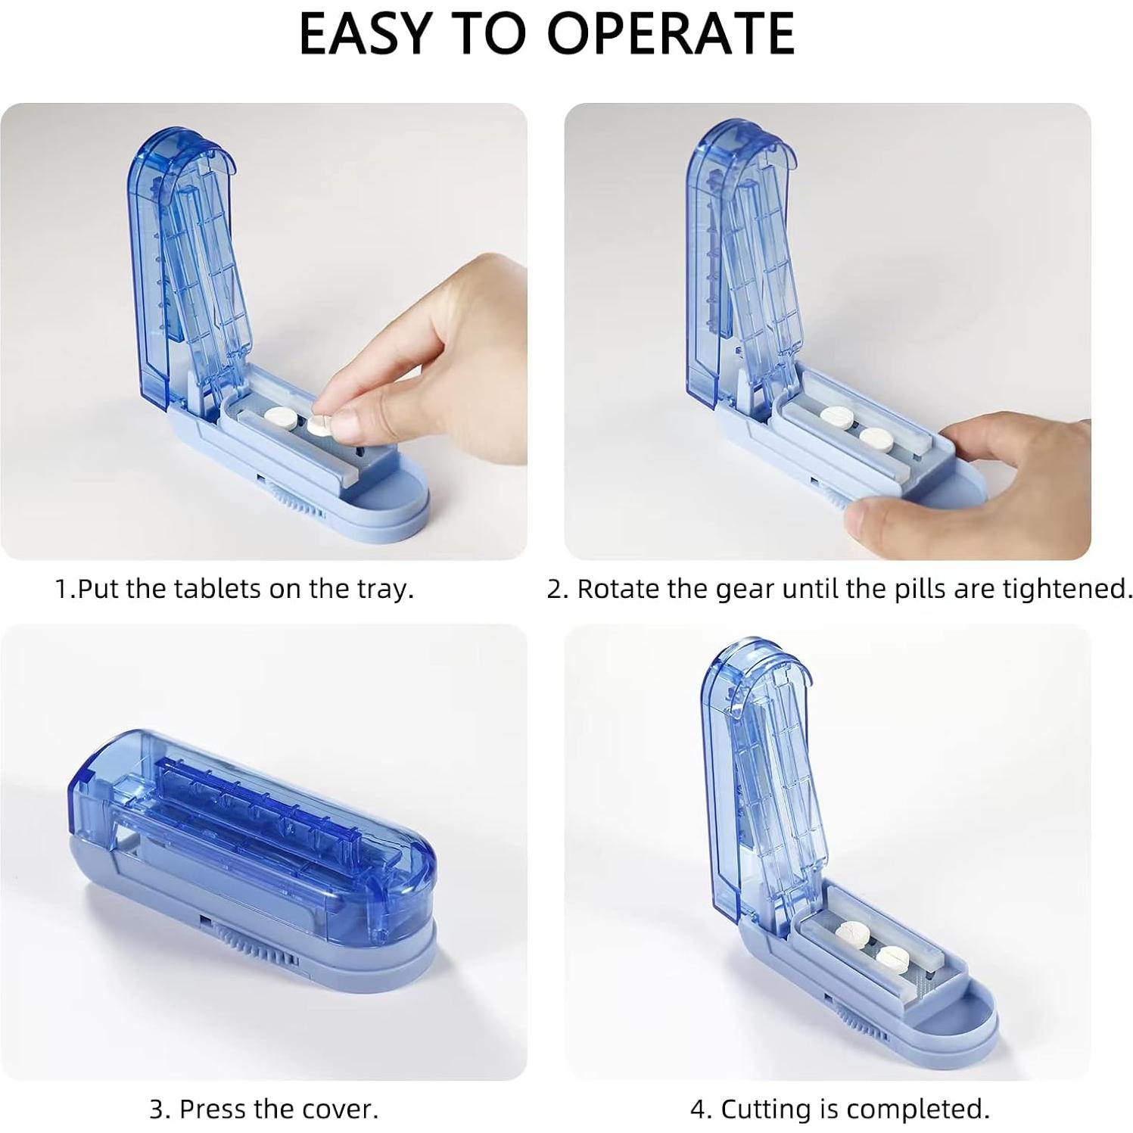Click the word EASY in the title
(x=366, y=33)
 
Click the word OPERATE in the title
(x=670, y=33)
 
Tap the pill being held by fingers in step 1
(x=319, y=425)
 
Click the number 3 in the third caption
(x=157, y=1109)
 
